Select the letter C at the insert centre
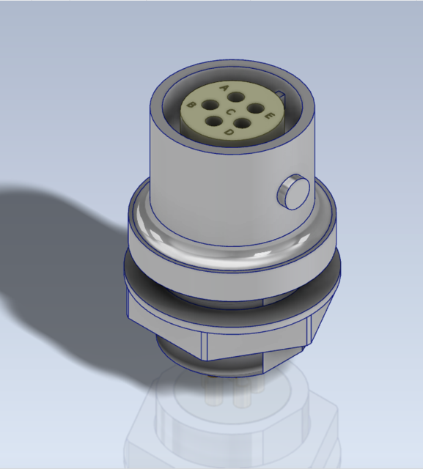pos(229,111)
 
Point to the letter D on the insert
pos(229,132)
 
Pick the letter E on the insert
pos(269,116)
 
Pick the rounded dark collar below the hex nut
pos(183,362)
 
